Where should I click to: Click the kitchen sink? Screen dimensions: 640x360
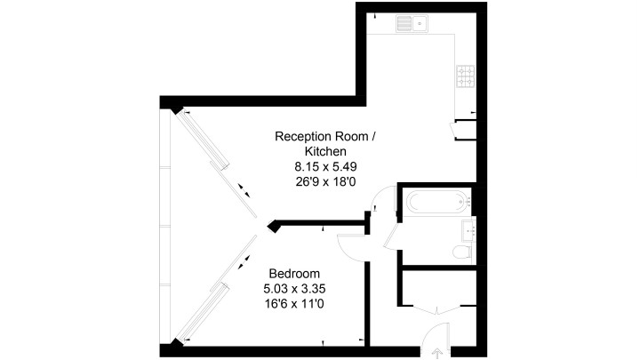point(412,23)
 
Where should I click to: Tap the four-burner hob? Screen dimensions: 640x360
point(466,76)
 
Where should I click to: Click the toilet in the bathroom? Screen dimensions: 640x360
point(463,252)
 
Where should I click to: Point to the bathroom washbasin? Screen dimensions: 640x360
point(468,230)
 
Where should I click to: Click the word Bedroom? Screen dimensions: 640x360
point(294,274)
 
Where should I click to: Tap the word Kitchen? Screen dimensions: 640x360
point(325,151)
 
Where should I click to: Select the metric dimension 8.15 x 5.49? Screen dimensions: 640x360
point(325,166)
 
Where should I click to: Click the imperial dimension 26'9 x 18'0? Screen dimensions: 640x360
point(325,181)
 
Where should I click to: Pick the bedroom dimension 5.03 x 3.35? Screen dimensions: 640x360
point(294,289)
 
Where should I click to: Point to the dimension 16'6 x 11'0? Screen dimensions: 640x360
point(294,304)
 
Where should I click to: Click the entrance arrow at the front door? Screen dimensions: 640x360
point(437,354)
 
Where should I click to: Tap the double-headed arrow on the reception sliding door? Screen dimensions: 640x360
point(244,190)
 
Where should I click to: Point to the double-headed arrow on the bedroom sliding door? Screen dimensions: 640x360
point(244,262)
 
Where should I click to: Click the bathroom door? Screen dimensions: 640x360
point(390,235)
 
